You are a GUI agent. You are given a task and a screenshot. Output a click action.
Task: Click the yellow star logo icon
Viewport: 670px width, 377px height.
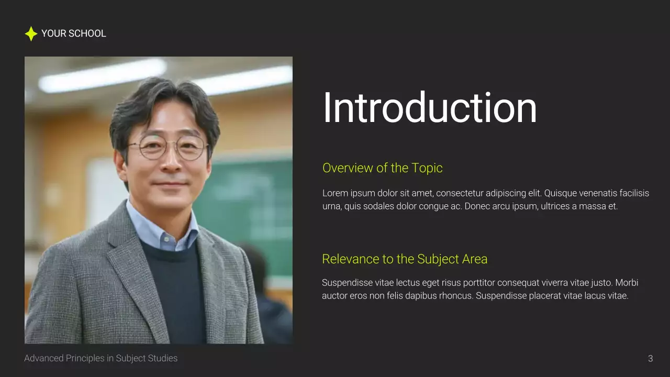(31, 34)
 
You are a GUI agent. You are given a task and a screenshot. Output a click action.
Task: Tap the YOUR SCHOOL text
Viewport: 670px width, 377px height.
(73, 34)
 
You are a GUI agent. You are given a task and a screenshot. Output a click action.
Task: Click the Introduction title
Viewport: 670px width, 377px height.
(429, 108)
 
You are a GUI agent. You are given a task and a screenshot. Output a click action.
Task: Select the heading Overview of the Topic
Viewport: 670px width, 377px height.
(382, 168)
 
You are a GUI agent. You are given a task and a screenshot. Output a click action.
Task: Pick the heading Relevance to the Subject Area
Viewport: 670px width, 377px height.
(405, 259)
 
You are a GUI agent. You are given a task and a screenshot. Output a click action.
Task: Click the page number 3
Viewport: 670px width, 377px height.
(651, 359)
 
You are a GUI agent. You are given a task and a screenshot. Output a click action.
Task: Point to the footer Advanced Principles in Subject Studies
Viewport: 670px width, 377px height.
(101, 358)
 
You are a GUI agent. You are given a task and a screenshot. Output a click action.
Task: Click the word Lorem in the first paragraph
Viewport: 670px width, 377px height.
(334, 193)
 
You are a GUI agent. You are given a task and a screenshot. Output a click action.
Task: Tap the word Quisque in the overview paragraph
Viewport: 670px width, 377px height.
(560, 193)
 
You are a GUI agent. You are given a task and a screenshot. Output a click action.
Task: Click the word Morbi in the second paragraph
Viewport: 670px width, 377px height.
(627, 283)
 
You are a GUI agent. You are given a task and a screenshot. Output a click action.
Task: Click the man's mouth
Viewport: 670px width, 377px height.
(171, 184)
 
